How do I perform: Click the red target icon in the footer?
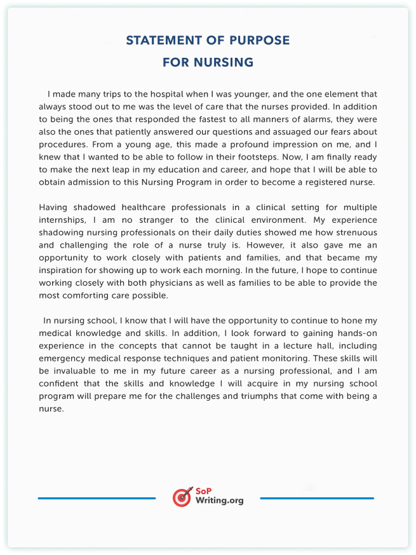click(x=182, y=497)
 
